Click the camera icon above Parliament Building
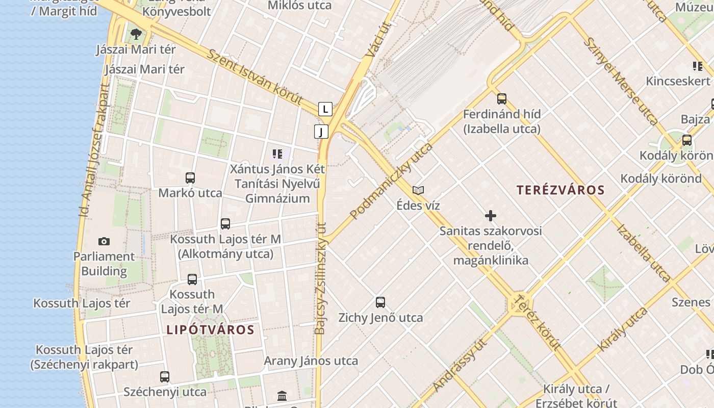(x=104, y=241)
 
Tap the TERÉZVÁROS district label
(x=560, y=190)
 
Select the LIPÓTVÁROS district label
(x=210, y=329)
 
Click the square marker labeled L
(x=325, y=109)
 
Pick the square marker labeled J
(x=321, y=132)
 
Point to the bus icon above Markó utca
(x=190, y=178)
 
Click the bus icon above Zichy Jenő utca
(x=380, y=302)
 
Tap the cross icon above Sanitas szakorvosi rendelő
(x=491, y=216)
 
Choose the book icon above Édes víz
(x=418, y=190)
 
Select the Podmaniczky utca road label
(x=392, y=181)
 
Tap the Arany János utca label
(x=311, y=361)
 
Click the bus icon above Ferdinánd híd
(x=502, y=99)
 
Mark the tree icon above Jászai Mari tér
(x=136, y=34)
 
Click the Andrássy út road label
(x=459, y=365)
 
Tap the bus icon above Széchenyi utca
(x=164, y=377)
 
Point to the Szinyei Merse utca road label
(x=620, y=81)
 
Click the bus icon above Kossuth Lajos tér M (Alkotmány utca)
(x=225, y=223)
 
